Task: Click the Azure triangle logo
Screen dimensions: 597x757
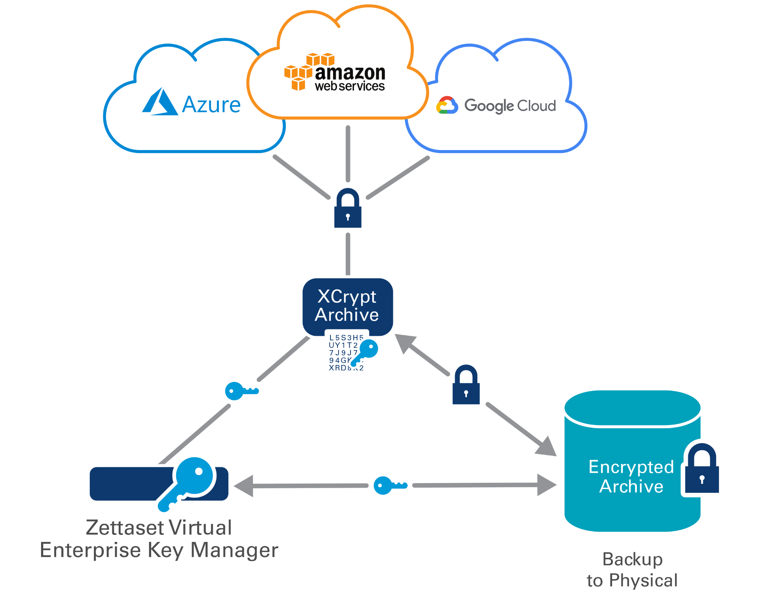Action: click(x=160, y=102)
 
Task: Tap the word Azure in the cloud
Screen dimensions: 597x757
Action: click(x=211, y=105)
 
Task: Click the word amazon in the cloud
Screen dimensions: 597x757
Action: click(x=350, y=72)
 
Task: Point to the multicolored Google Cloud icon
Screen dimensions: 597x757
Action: click(x=447, y=105)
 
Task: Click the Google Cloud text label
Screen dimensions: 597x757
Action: click(x=510, y=106)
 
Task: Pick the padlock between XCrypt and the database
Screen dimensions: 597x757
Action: click(x=466, y=385)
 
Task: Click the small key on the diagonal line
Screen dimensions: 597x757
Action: click(x=241, y=391)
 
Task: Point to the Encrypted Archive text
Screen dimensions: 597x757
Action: click(x=631, y=476)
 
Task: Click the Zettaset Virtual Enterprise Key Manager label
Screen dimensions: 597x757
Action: click(x=159, y=539)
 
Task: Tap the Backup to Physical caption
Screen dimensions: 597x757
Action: click(x=632, y=570)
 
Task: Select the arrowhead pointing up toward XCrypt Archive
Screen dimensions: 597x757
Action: click(x=405, y=343)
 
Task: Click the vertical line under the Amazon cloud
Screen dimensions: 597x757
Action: click(x=348, y=154)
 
